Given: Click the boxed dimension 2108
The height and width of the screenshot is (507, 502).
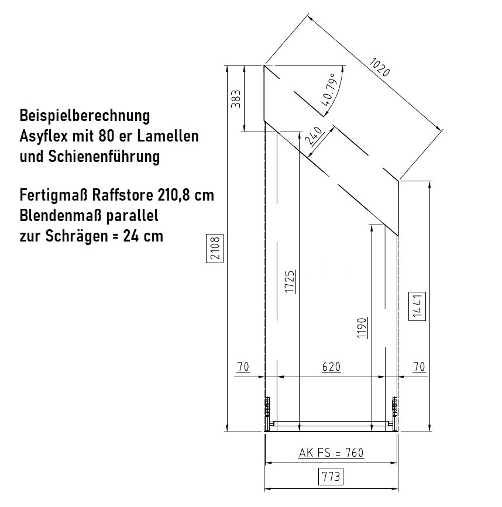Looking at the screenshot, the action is click(x=215, y=249).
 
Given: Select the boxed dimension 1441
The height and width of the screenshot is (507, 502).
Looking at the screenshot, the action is click(x=417, y=306).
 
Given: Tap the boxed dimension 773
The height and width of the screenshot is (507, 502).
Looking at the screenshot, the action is click(x=331, y=477).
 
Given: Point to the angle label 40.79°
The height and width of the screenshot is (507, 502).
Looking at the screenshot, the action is click(x=329, y=90).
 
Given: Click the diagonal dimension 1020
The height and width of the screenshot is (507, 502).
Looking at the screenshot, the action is click(x=379, y=67).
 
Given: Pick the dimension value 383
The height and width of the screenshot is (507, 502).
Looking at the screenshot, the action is click(x=236, y=99).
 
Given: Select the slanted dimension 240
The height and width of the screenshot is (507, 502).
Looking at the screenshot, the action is click(x=314, y=136).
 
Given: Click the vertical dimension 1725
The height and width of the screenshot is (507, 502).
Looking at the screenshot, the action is click(x=290, y=282).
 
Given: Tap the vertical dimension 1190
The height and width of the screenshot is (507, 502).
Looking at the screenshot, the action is click(x=362, y=328).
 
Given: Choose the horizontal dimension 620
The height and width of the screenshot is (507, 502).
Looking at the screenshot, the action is click(x=332, y=367).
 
